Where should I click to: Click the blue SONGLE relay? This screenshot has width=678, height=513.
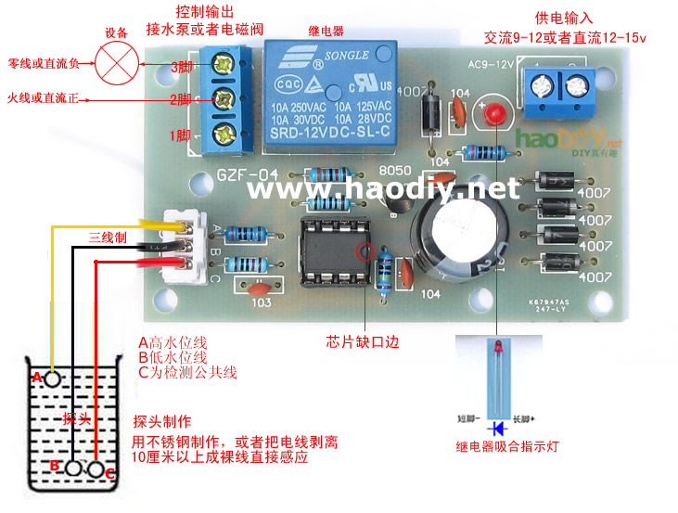coord(331,96)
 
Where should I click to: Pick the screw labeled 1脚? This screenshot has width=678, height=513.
coord(222,136)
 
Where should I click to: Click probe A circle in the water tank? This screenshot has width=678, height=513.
coord(53,378)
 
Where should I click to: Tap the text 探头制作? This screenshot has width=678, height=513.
coord(162,420)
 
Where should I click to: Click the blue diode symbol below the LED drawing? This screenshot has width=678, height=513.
coord(500,429)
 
